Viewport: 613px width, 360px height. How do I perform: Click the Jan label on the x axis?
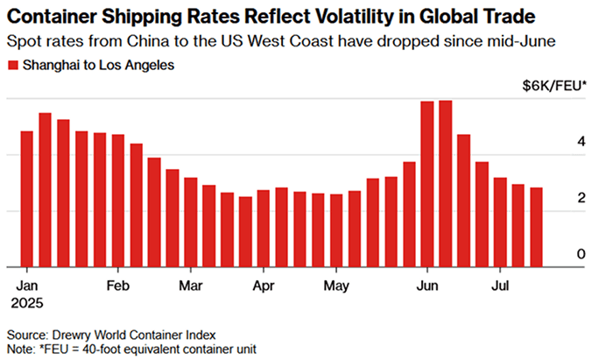click(x=26, y=286)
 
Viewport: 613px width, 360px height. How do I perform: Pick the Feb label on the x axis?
click(x=117, y=286)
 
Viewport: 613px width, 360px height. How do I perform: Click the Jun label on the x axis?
click(x=427, y=286)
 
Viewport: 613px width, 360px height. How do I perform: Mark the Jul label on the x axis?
click(x=500, y=286)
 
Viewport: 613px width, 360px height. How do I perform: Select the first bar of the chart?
click(x=26, y=199)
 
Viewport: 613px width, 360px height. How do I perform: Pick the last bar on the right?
click(x=536, y=227)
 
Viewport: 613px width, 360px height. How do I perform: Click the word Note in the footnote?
click(x=20, y=349)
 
